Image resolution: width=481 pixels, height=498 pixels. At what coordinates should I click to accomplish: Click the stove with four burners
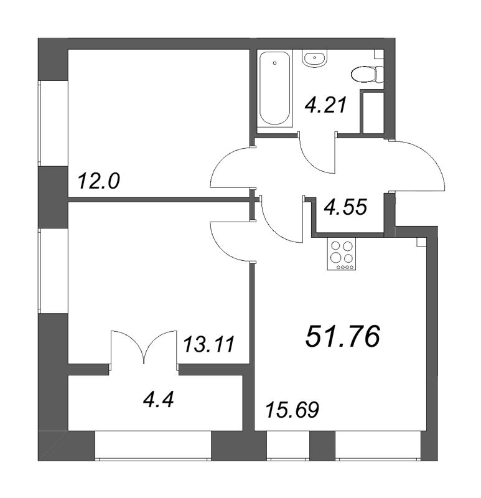341,255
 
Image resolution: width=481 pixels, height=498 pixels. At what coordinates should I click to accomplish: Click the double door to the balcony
144,345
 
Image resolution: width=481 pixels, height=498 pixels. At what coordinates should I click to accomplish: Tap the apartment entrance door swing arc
423,165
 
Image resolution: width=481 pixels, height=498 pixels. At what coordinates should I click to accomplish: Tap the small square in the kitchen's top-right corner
421,242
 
